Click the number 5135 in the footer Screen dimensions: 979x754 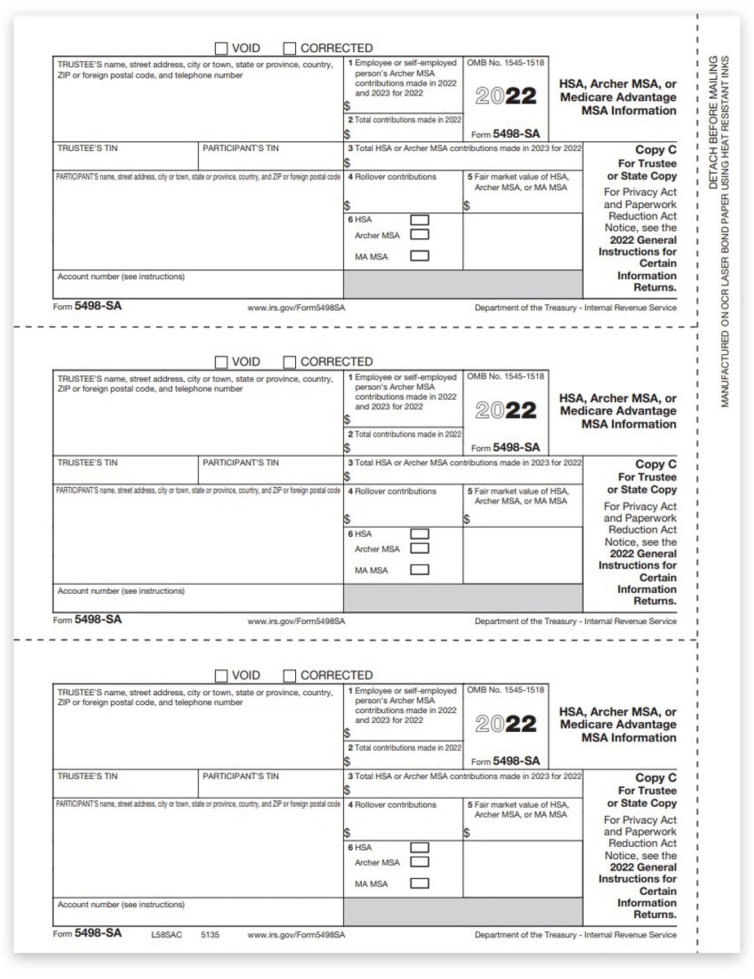[x=209, y=934]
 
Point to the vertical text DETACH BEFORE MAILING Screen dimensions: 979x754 [x=713, y=122]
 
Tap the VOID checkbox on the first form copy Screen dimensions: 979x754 [x=221, y=48]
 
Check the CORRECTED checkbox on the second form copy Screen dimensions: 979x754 [x=289, y=361]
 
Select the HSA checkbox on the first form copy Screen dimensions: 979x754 [x=419, y=220]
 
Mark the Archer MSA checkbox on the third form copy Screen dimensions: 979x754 [x=419, y=862]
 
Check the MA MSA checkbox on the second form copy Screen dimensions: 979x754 [x=419, y=570]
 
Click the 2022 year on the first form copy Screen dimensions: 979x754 [x=506, y=96]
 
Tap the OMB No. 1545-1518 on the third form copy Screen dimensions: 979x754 [x=505, y=690]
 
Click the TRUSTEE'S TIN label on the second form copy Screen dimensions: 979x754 [x=87, y=463]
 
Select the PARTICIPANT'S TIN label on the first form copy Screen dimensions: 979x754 [x=240, y=148]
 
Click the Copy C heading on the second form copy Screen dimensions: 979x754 [x=655, y=464]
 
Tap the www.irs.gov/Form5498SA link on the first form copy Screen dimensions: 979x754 [x=296, y=308]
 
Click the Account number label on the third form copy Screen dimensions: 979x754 [x=121, y=904]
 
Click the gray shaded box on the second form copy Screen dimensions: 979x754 [x=463, y=598]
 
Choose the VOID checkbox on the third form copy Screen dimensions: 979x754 [x=221, y=676]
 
